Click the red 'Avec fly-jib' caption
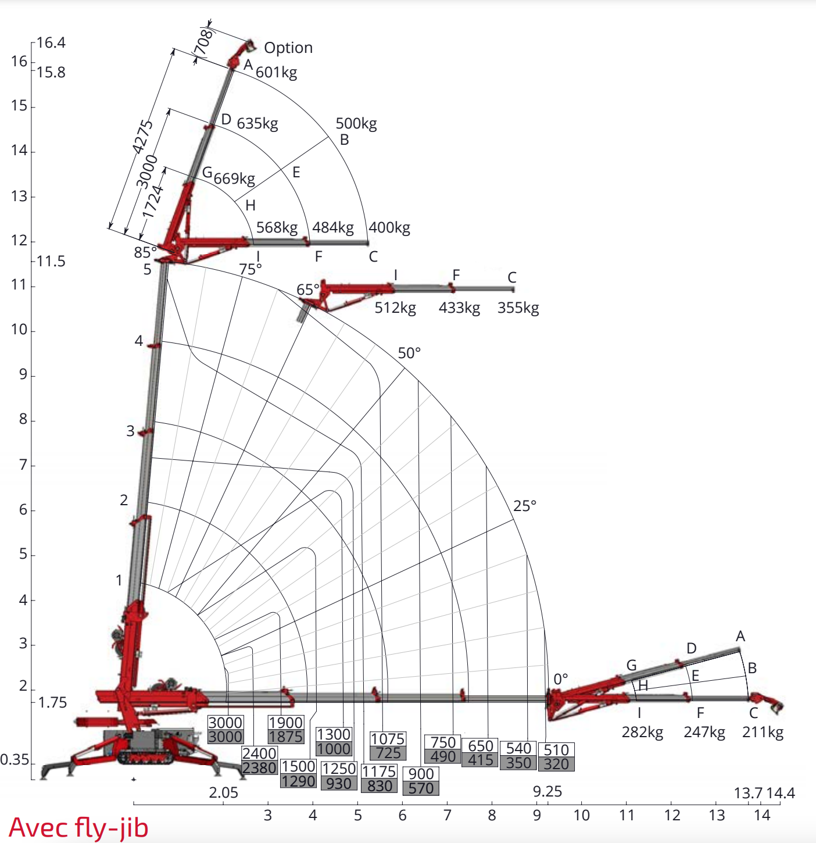point(78,827)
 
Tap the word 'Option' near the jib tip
point(288,48)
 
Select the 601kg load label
point(276,72)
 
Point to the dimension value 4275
point(142,137)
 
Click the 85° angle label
point(145,252)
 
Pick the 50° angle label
point(409,353)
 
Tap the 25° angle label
point(524,506)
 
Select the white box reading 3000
point(225,723)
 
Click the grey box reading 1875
point(285,737)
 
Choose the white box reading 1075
point(387,739)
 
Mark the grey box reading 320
point(556,764)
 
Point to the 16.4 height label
point(51,43)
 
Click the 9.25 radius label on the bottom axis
point(547,791)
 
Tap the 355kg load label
point(518,308)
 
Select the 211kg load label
point(763,732)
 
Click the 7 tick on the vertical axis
point(23,465)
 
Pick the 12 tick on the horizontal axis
point(672,815)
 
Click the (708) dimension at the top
point(203,42)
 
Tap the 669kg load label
point(234,178)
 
